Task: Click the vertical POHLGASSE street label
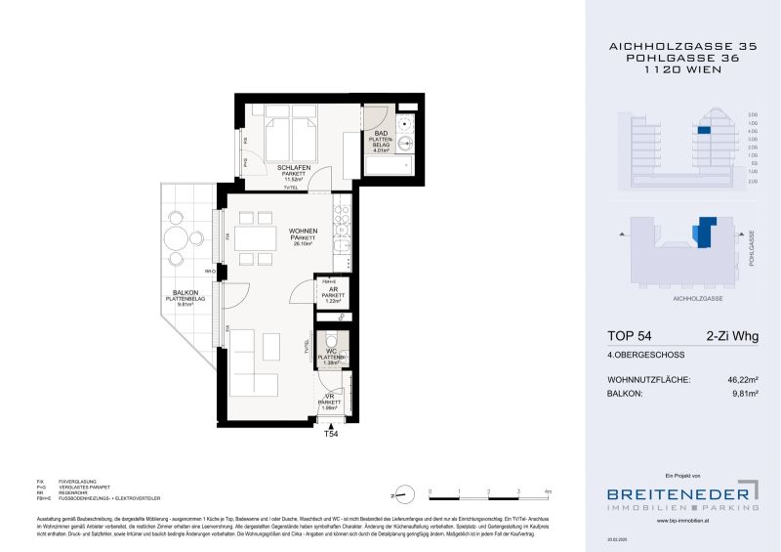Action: click(x=752, y=249)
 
